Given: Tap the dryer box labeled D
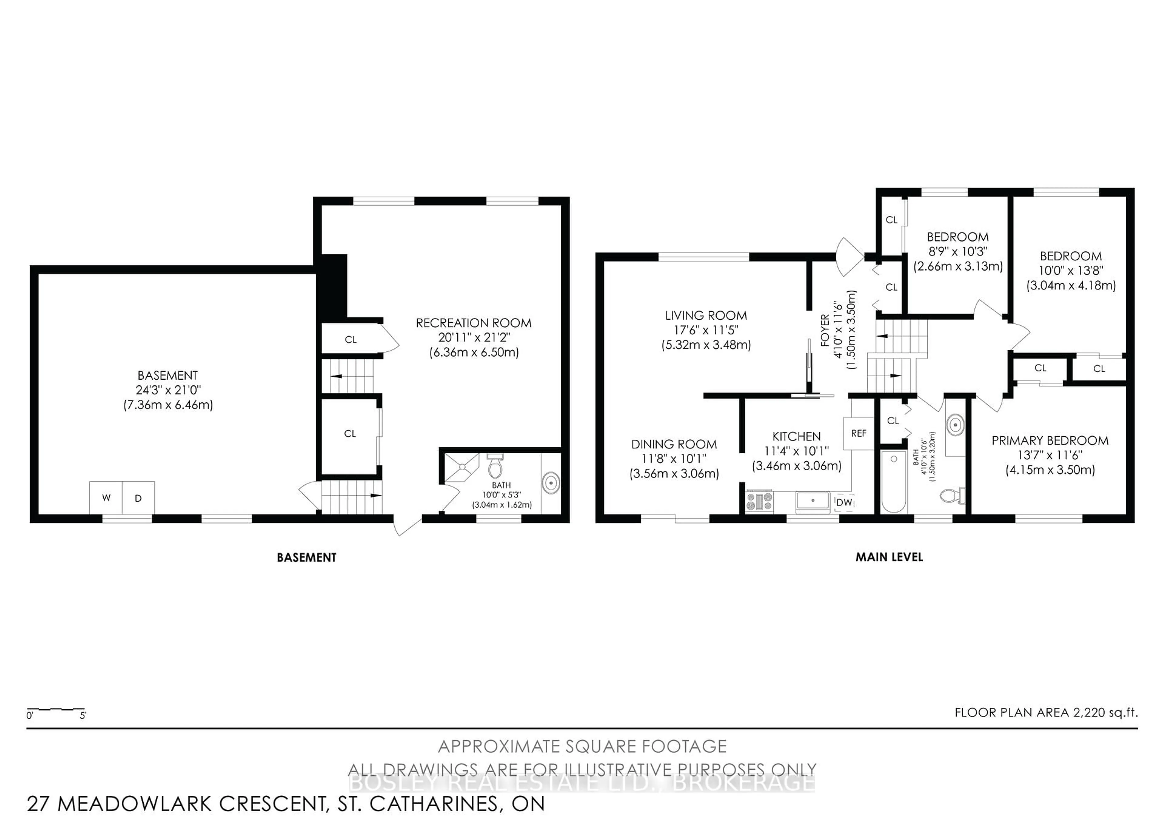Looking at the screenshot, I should pyautogui.click(x=138, y=498).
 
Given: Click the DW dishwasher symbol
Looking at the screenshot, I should pyautogui.click(x=844, y=502).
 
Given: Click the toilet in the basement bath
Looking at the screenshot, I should pyautogui.click(x=495, y=466).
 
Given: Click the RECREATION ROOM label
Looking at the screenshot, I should pyautogui.click(x=473, y=323).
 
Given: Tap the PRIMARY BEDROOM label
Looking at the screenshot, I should pyautogui.click(x=1050, y=441).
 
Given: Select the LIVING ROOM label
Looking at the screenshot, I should pyautogui.click(x=706, y=315).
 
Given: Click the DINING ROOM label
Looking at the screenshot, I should pyautogui.click(x=674, y=444).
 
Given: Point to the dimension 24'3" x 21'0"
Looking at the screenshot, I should pyautogui.click(x=168, y=390).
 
